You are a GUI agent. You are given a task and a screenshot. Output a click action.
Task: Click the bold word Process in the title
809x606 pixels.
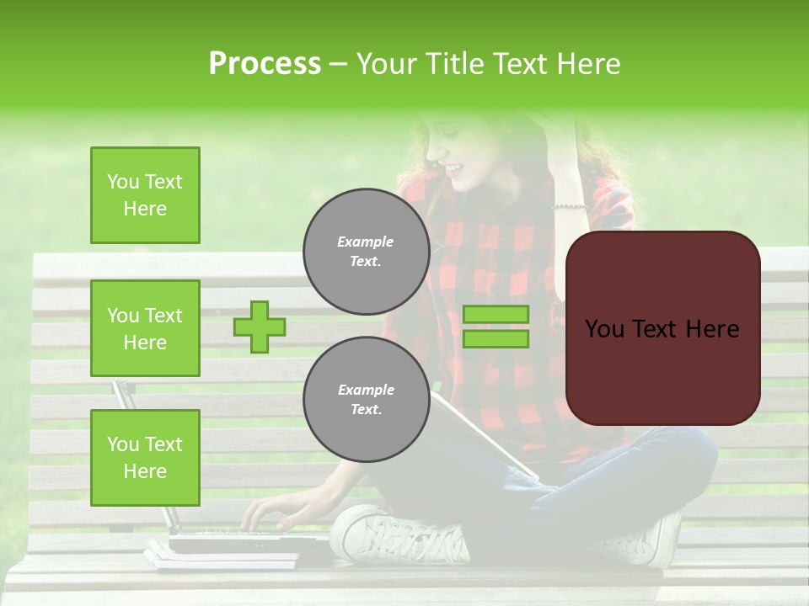click(x=265, y=64)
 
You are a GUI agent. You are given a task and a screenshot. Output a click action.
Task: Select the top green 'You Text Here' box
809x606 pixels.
click(x=145, y=195)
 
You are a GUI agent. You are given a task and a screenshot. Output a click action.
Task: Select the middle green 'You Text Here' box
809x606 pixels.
click(x=145, y=328)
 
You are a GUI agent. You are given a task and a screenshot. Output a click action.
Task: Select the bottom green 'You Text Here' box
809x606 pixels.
click(x=145, y=458)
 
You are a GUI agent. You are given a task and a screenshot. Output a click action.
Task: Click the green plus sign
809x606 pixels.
click(x=260, y=327)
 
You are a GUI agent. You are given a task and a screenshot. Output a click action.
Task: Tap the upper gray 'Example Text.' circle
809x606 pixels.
click(x=366, y=252)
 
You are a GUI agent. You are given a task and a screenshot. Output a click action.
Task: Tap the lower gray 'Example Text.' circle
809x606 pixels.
click(x=366, y=400)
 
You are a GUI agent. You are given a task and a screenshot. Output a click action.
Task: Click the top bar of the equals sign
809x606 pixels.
click(x=496, y=314)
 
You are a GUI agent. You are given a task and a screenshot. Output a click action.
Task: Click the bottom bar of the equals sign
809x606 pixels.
click(x=496, y=338)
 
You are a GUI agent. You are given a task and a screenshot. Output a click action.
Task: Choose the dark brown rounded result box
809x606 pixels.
click(x=662, y=328)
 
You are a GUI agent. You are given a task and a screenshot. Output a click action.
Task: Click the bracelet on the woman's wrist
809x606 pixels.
click(x=570, y=206)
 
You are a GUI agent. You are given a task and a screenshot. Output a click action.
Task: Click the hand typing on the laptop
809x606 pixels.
click(x=270, y=513)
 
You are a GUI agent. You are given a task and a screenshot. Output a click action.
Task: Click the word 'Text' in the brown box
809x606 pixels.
click(x=662, y=328)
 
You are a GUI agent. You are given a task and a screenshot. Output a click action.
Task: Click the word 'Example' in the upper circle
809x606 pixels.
click(x=366, y=242)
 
